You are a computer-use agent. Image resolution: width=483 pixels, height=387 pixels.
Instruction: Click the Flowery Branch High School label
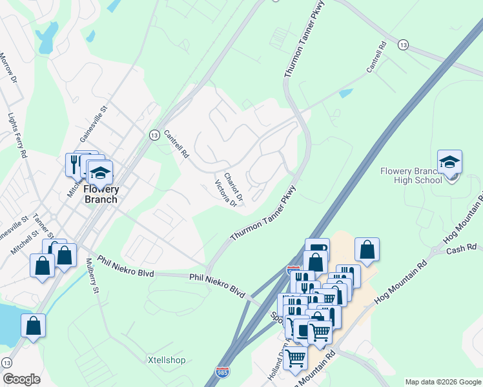(411, 175)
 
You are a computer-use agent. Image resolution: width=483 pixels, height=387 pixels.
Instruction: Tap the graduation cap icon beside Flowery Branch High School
(449, 163)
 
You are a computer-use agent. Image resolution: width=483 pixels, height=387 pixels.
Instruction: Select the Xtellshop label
(167, 359)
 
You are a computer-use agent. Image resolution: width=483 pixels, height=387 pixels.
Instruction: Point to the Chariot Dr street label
(233, 186)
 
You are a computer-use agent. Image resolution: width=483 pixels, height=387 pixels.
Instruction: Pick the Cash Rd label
(461, 248)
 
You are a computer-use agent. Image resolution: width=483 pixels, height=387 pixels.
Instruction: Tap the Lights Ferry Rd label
(17, 136)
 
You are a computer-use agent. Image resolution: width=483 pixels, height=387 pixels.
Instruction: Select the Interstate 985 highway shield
(221, 372)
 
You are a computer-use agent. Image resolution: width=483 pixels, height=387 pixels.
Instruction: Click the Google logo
(21, 379)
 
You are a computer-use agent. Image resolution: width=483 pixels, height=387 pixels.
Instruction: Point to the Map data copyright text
(442, 382)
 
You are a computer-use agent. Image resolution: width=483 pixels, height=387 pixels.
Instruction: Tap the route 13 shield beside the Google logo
(6, 362)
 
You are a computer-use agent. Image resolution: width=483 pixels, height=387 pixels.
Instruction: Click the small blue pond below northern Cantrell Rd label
(346, 93)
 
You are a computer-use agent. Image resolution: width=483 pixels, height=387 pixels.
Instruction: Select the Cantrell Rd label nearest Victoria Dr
(176, 145)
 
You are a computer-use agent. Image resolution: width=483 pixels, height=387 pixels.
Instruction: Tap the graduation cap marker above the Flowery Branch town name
(100, 173)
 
